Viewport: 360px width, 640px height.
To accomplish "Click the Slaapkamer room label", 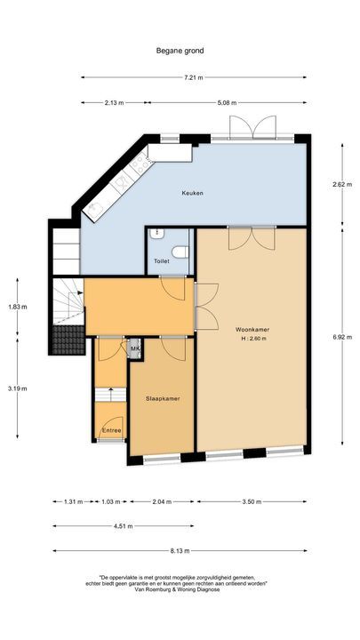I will (163, 399).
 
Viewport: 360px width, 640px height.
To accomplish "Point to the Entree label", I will (111, 431).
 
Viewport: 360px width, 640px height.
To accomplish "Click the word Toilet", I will (161, 261).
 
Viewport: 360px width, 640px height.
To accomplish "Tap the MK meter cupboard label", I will (135, 349).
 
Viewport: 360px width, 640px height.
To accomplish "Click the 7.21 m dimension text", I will (194, 78).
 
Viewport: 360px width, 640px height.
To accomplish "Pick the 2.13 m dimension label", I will (114, 102).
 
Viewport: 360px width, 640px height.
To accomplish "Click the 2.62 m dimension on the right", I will (340, 185).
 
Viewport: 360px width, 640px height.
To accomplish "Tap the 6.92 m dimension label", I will (340, 338).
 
